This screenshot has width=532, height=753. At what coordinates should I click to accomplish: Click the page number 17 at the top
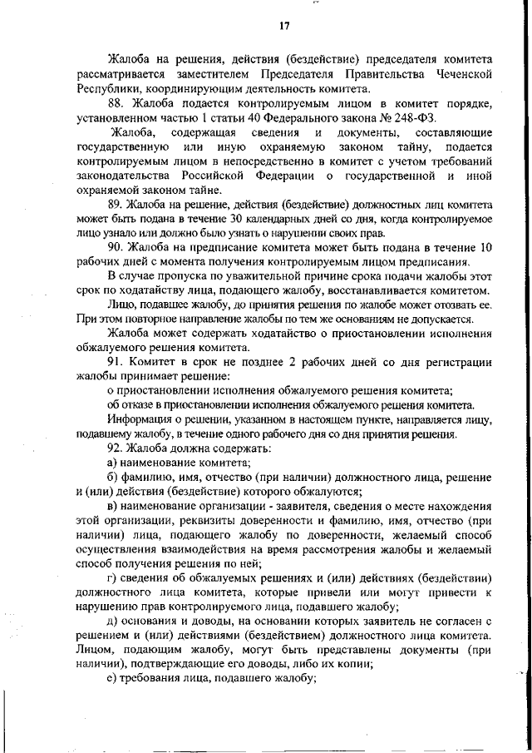(x=283, y=26)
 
